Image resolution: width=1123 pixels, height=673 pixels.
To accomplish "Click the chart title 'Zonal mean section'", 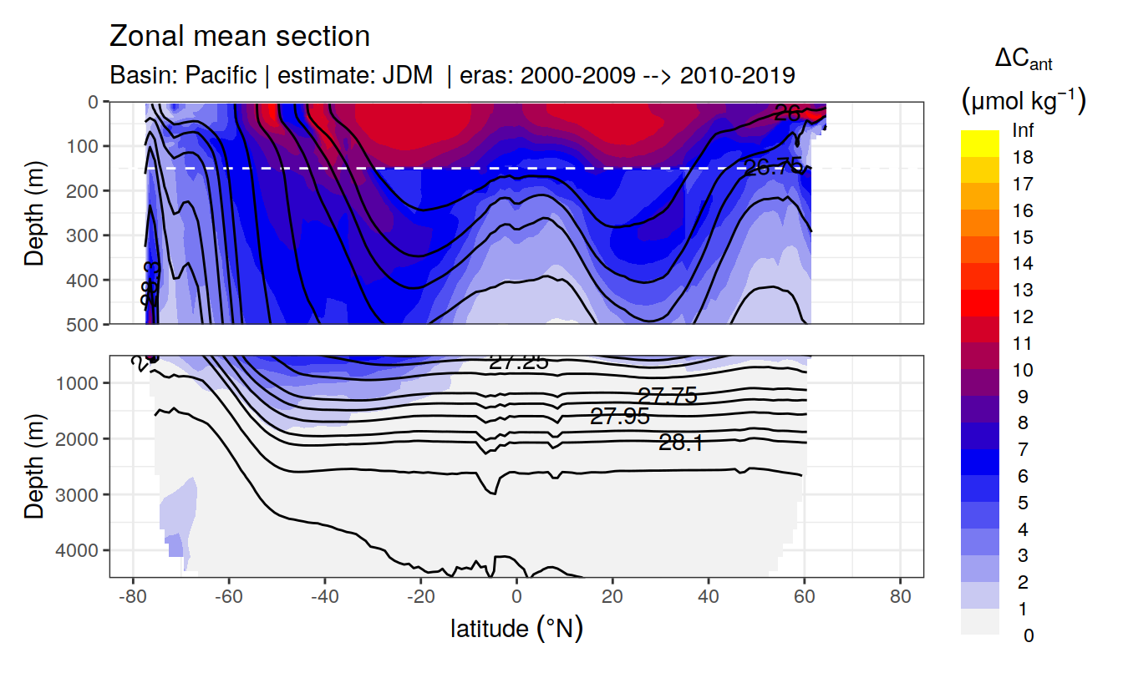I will [240, 37].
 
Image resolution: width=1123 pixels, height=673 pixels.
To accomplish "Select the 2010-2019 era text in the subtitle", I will [737, 75].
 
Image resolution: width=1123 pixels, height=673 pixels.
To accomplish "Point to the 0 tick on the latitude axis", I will [516, 598].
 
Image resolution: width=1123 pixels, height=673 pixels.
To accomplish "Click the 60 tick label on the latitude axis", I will [804, 598].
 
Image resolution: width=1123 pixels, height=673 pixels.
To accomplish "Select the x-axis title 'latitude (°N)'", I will [516, 628].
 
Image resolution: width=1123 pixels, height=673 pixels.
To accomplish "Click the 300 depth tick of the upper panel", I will [83, 235].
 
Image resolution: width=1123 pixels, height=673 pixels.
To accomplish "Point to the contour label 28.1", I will [680, 443].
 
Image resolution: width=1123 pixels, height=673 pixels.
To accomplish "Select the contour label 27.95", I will [619, 416].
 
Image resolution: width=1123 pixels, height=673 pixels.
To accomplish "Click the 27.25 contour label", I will [518, 362].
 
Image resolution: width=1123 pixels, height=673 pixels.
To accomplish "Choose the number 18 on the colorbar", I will [1022, 157].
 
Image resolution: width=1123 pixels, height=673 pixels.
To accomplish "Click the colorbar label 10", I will [1022, 370].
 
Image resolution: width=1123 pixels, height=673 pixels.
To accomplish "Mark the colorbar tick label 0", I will [1028, 635].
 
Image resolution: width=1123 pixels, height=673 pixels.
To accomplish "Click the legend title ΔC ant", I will [1023, 60].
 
